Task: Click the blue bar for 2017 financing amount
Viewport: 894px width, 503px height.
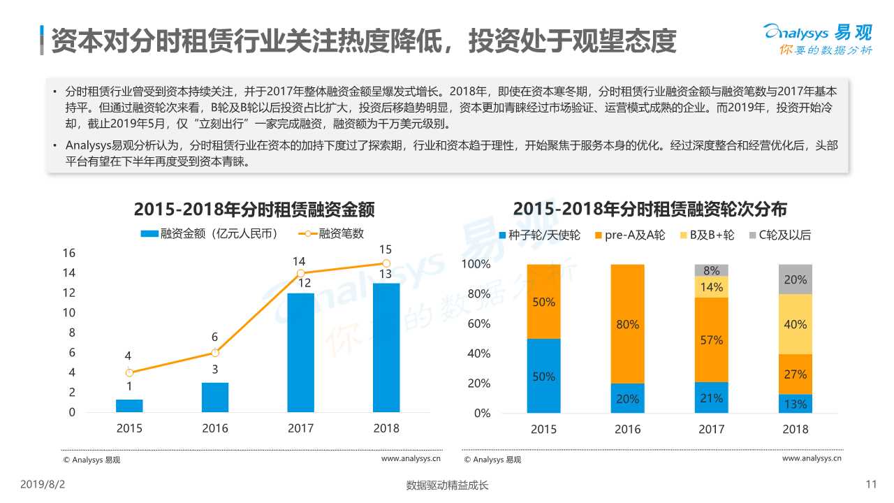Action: click(300, 353)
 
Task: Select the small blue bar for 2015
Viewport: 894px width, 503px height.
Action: click(129, 406)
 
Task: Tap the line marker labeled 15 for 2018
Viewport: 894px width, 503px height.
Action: click(386, 263)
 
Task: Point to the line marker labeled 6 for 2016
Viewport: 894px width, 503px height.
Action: click(215, 353)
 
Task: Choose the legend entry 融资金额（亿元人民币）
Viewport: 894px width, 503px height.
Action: click(210, 234)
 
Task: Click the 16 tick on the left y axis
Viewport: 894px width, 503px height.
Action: click(69, 253)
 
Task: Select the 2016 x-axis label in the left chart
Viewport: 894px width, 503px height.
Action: click(215, 428)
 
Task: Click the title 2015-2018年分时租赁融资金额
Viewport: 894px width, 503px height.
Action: click(254, 210)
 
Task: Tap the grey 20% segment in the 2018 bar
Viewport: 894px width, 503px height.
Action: click(795, 279)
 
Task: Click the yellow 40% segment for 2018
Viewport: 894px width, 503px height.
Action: click(795, 324)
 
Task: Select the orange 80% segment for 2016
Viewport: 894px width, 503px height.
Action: click(628, 324)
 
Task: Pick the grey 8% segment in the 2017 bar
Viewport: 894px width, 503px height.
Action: click(711, 270)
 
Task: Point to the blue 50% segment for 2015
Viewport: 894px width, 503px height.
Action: click(543, 376)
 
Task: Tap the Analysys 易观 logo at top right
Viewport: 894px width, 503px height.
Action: click(817, 38)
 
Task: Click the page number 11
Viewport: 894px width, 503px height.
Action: click(870, 484)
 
